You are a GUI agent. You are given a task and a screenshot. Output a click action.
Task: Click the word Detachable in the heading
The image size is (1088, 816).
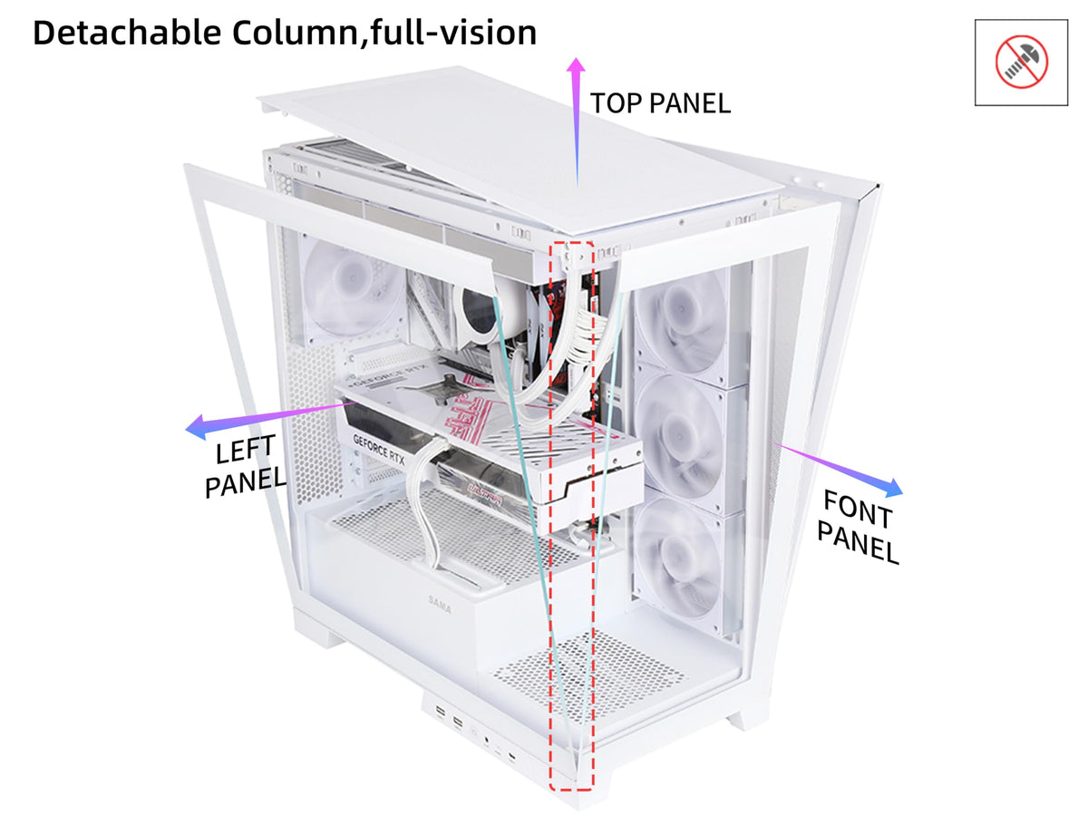[127, 34]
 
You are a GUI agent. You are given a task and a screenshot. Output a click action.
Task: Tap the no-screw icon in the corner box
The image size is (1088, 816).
[1021, 62]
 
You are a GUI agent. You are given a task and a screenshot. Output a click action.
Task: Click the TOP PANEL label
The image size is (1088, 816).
[660, 103]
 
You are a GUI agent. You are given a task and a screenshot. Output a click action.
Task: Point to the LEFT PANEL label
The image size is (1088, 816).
[245, 466]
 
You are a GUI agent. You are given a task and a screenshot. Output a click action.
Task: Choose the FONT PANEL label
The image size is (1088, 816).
[858, 526]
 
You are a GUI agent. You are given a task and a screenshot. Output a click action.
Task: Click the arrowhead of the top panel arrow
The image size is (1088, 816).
[576, 66]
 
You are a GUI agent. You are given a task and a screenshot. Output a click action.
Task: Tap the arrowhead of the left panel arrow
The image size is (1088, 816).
[196, 427]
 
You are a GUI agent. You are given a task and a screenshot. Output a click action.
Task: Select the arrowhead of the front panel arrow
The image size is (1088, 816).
[893, 488]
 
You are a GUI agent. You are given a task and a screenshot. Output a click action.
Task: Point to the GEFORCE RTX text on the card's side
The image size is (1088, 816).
[379, 449]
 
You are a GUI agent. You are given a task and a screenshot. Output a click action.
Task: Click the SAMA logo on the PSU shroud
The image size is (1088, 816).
[439, 605]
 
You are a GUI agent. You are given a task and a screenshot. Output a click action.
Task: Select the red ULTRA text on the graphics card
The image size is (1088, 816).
[485, 493]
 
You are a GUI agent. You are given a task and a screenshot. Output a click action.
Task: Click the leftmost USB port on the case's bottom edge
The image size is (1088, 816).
[440, 712]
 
